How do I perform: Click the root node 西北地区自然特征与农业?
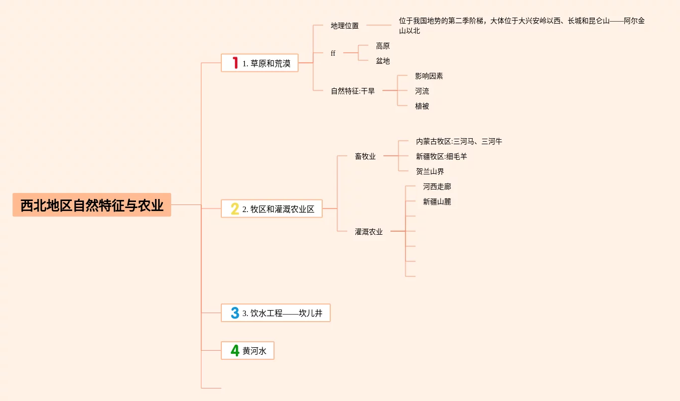[92, 205]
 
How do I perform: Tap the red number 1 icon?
[235, 63]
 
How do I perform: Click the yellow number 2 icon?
[235, 209]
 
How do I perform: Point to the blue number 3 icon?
[235, 313]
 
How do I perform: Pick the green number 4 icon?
[235, 350]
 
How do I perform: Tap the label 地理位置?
[345, 26]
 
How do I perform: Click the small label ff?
[333, 53]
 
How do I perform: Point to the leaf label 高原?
[383, 46]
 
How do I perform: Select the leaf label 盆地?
[383, 61]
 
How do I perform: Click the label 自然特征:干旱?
[353, 91]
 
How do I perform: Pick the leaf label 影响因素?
[429, 76]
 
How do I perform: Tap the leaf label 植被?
[422, 106]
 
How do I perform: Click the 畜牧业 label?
[365, 156]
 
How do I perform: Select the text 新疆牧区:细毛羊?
[442, 156]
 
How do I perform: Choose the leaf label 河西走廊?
[437, 186]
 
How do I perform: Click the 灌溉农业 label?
[369, 232]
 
